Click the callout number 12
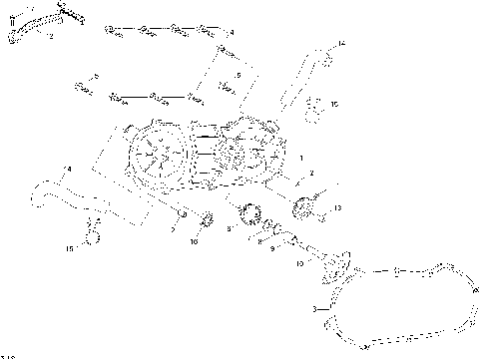pos(51,35)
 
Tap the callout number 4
pos(232,33)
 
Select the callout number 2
pos(311,174)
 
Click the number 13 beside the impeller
pos(338,207)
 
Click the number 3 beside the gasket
pos(314,309)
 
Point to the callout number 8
pos(229,229)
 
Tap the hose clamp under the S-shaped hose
pos(91,237)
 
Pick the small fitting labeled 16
pos(311,104)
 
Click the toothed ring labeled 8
pos(249,211)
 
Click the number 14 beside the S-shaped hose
pos(68,169)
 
